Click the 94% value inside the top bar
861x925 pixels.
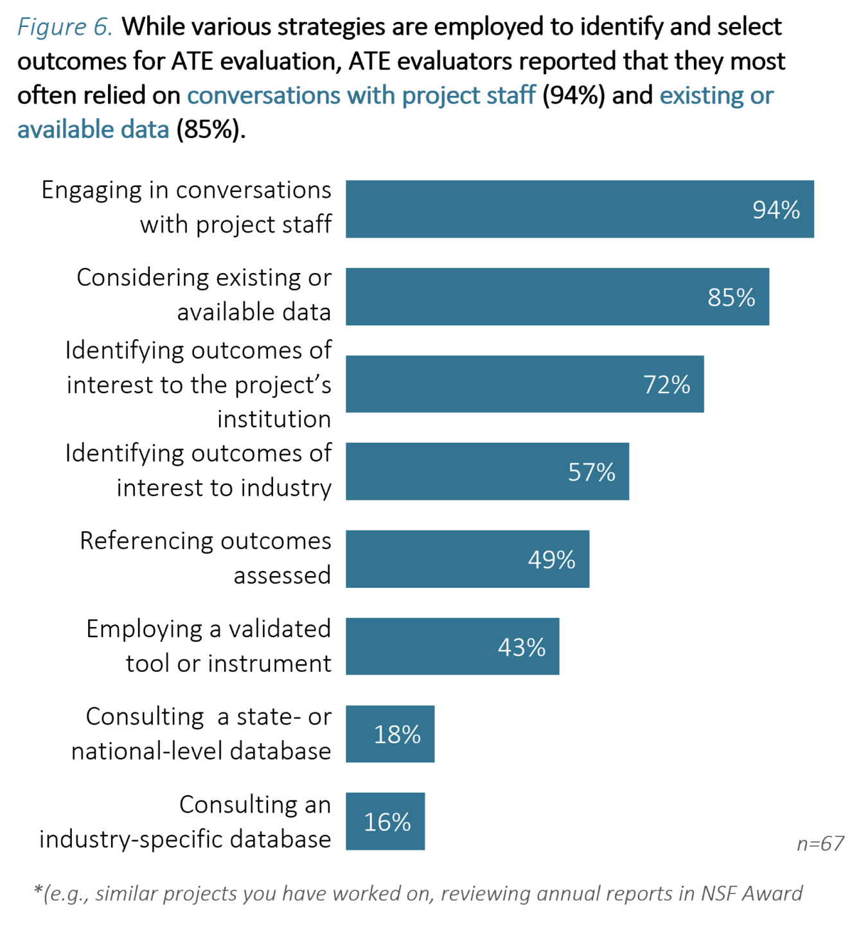[776, 210]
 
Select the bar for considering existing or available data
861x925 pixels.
[556, 297]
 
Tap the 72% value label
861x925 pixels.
[666, 385]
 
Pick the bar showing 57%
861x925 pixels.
[486, 471]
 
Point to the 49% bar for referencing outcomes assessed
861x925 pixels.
[466, 559]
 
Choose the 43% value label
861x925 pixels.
[521, 647]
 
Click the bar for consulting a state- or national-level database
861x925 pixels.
[389, 734]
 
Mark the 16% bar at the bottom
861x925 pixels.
[385, 822]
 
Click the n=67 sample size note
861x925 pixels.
[820, 843]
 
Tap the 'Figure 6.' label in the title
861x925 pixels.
[65, 27]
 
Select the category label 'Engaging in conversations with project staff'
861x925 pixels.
[186, 207]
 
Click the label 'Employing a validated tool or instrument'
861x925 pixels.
[209, 646]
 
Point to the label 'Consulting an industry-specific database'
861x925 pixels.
[185, 822]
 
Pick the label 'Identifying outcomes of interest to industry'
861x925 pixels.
[198, 470]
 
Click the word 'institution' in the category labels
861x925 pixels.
[274, 419]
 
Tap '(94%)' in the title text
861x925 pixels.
[573, 95]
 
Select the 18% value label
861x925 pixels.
[397, 734]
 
